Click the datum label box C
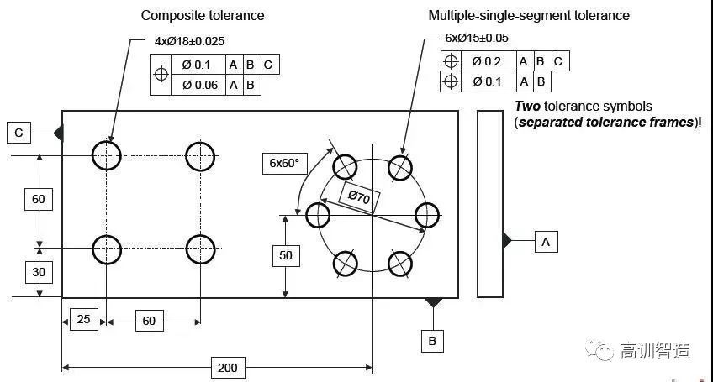pos(18,132)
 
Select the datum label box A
pos(546,242)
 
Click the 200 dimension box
pos(227,367)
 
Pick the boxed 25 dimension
pos(84,320)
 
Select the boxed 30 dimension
pos(39,272)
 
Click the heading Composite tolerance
pos(202,15)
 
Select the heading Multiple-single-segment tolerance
pos(529,15)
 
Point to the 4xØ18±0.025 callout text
pos(189,40)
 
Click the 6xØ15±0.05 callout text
pos(477,38)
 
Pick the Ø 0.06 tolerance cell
pos(199,85)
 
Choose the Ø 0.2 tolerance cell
pos(488,61)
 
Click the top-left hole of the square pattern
pos(107,155)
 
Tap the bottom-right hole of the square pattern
pos(200,249)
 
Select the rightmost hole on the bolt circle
pos(426,214)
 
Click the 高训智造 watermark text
pos(655,350)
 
